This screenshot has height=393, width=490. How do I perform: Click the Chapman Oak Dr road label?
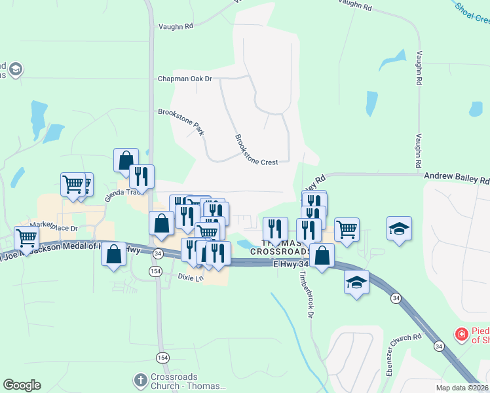[x=185, y=79]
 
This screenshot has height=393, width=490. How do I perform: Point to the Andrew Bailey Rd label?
[x=457, y=178]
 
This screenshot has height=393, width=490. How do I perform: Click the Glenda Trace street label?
[x=125, y=192]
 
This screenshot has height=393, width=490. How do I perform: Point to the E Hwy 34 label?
[x=290, y=263]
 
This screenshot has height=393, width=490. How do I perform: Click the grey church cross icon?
[x=140, y=380]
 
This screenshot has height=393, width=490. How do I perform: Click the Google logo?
[x=22, y=385]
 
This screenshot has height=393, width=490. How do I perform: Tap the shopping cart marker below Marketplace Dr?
[x=26, y=237]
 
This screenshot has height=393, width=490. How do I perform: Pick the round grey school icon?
[x=15, y=69]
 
